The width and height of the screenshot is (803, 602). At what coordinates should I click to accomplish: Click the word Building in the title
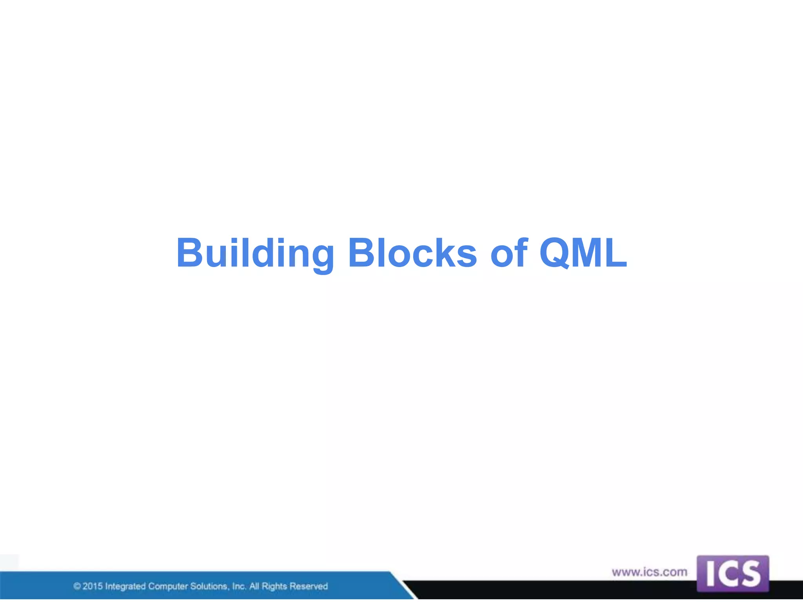tap(255, 254)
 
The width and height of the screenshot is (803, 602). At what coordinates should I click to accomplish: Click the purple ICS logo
tap(732, 573)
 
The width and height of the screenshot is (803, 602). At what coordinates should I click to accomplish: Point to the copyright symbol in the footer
tap(77, 586)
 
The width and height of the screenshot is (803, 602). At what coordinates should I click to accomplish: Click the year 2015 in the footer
tap(93, 586)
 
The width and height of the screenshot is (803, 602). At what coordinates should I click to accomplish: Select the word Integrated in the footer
tap(125, 586)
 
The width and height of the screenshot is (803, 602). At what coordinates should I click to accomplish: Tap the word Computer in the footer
tap(168, 586)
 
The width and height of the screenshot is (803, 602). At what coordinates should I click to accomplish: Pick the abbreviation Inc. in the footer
tap(239, 586)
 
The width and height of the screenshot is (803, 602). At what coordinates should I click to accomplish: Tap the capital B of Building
tap(189, 253)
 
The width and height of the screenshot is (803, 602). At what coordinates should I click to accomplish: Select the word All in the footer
tap(254, 586)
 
